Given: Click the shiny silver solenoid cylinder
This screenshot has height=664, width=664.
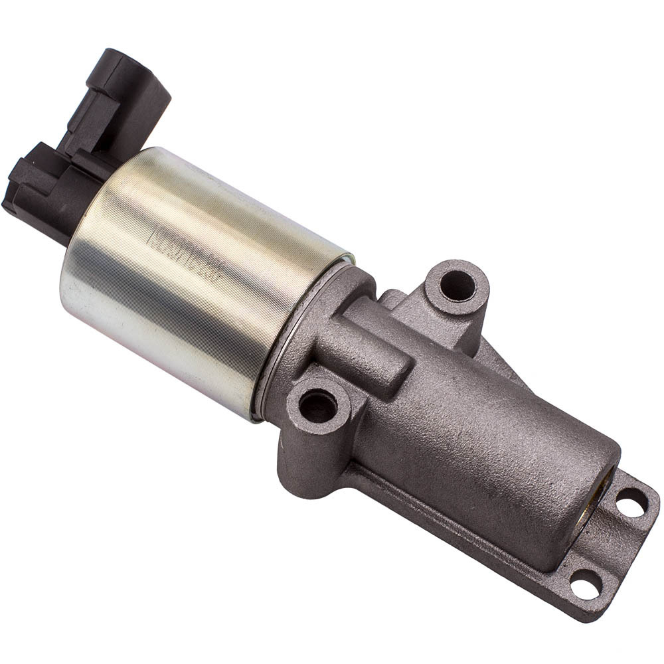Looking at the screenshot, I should [x=199, y=279].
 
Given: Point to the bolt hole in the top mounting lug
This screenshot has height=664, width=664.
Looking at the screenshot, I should [x=457, y=285].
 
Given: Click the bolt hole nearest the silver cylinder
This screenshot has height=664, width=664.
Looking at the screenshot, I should [x=318, y=404].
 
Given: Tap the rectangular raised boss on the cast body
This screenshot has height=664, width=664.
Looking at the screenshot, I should [x=372, y=355].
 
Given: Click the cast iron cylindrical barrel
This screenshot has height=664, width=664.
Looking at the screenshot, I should [x=491, y=452].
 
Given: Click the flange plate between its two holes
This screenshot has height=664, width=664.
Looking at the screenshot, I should [x=608, y=544].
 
